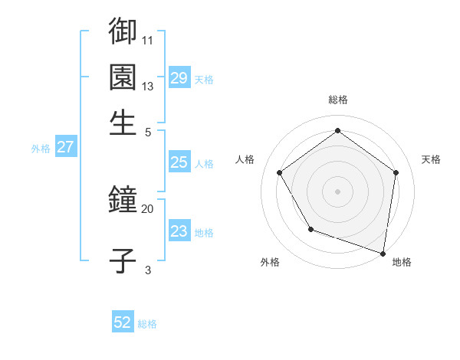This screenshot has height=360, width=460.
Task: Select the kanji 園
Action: pyautogui.click(x=123, y=77)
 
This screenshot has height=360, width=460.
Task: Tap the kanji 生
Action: pyautogui.click(x=123, y=123)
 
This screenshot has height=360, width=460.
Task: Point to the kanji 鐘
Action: pyautogui.click(x=123, y=201)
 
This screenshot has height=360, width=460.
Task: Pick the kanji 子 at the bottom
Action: pyautogui.click(x=123, y=260)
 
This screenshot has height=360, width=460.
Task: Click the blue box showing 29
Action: pyautogui.click(x=179, y=78)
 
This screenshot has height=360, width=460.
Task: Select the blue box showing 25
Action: pyautogui.click(x=179, y=162)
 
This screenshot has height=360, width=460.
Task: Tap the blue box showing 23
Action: pyautogui.click(x=179, y=231)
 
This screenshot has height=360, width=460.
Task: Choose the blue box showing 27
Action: pyautogui.click(x=65, y=147)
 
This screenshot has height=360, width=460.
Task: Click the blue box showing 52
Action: pyautogui.click(x=123, y=322)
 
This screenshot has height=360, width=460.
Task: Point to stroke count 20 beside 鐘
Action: pyautogui.click(x=147, y=208)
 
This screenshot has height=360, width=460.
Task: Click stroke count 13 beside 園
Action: pyautogui.click(x=147, y=86)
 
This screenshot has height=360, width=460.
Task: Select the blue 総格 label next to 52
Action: pyautogui.click(x=147, y=324)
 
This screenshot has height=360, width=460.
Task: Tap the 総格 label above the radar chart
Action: pyautogui.click(x=338, y=100)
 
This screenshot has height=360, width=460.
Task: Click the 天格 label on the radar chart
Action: pyautogui.click(x=431, y=159)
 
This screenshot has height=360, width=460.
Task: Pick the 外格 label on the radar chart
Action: pyautogui.click(x=270, y=262)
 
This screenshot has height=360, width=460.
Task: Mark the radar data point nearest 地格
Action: pyautogui.click(x=383, y=253)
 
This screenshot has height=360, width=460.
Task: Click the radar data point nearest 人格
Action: pyautogui.click(x=280, y=172)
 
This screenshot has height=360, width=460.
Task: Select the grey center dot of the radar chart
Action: pyautogui.click(x=338, y=191)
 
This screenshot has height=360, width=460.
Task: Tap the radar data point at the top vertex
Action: pyautogui.click(x=338, y=130)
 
